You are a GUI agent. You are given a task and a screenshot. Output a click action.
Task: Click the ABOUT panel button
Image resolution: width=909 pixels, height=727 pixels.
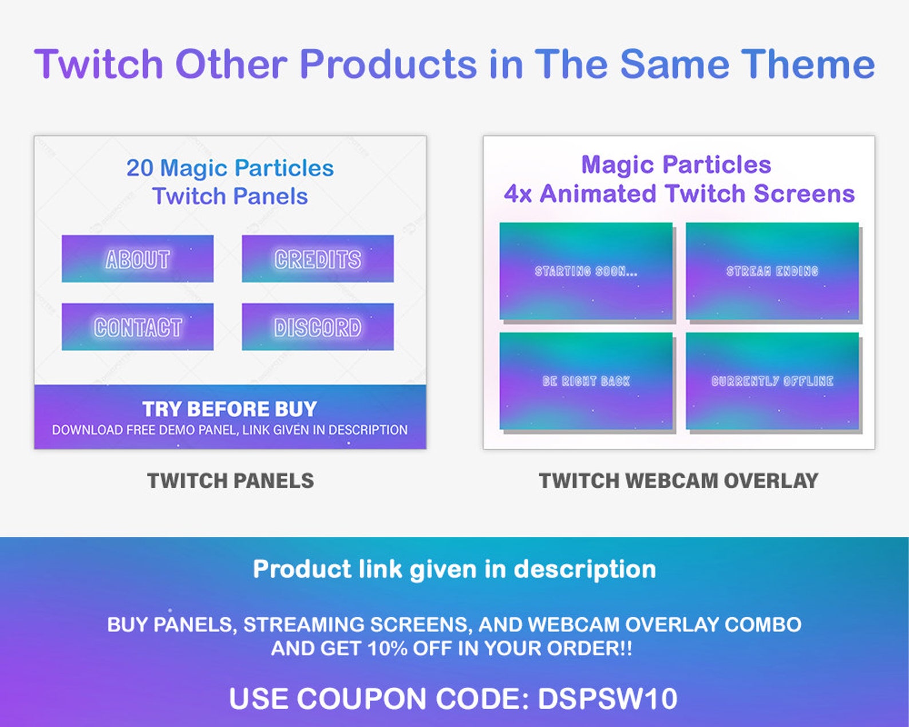pyautogui.click(x=137, y=259)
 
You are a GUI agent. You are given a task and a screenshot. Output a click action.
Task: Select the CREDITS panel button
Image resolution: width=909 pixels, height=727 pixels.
pyautogui.click(x=318, y=259)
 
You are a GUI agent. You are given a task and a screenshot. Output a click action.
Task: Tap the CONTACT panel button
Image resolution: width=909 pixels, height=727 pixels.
pyautogui.click(x=137, y=327)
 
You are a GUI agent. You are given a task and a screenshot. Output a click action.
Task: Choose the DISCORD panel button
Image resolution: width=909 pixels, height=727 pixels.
pyautogui.click(x=318, y=327)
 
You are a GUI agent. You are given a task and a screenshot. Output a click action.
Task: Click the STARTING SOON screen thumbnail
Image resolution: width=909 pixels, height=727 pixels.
pyautogui.click(x=586, y=271)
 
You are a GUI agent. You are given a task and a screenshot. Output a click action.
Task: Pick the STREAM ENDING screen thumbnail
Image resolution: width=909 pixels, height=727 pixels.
pyautogui.click(x=772, y=271)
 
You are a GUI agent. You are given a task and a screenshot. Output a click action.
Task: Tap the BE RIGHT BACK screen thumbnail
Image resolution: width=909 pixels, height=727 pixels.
pyautogui.click(x=586, y=381)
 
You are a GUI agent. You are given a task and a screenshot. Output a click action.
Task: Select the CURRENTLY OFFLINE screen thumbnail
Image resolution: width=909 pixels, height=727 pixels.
pyautogui.click(x=772, y=381)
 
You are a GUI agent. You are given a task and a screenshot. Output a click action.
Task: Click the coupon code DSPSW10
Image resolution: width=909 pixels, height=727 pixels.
pyautogui.click(x=607, y=699)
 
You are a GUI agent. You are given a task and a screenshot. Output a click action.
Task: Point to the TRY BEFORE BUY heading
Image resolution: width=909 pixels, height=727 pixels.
pyautogui.click(x=230, y=409)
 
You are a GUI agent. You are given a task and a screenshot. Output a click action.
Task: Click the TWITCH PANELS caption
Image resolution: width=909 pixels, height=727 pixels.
pyautogui.click(x=230, y=481)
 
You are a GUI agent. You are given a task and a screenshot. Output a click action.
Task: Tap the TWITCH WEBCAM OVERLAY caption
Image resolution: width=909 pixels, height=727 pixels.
pyautogui.click(x=678, y=481)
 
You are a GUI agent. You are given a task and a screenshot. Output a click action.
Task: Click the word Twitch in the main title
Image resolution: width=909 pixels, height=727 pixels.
pyautogui.click(x=99, y=64)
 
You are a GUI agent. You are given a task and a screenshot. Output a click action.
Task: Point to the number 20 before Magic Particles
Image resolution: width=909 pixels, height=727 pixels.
pyautogui.click(x=140, y=168)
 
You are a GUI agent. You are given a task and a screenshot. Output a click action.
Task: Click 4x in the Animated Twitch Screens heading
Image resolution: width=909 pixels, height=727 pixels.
pyautogui.click(x=517, y=194)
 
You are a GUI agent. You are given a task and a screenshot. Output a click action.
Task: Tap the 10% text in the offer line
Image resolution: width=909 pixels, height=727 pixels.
pyautogui.click(x=387, y=649)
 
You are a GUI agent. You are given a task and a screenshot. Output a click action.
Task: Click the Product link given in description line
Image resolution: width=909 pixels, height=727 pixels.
pyautogui.click(x=454, y=570)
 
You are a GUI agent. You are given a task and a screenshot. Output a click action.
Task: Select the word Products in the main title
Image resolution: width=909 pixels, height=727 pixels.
pyautogui.click(x=388, y=64)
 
